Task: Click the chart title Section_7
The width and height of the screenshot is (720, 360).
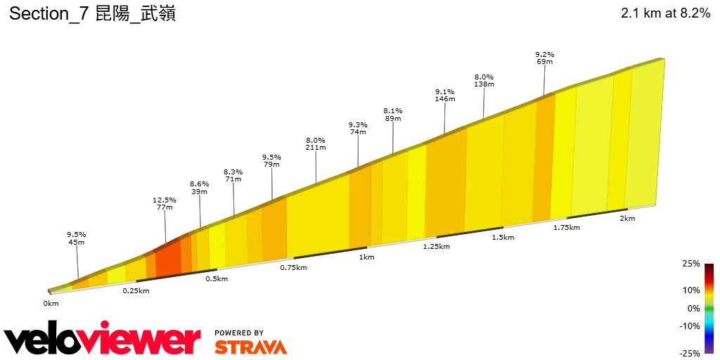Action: (91, 13)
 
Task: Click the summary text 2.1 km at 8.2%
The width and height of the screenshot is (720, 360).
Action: (665, 13)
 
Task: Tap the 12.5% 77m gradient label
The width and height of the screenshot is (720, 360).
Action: (165, 204)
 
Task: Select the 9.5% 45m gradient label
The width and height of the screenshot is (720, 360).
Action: (76, 238)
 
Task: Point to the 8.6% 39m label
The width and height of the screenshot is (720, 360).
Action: (200, 188)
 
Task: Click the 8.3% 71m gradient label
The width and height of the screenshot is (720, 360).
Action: (233, 176)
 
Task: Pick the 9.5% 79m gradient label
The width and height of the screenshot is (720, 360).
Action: (271, 161)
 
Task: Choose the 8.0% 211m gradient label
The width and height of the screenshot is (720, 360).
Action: (316, 144)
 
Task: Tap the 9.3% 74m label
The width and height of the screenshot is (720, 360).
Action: (358, 129)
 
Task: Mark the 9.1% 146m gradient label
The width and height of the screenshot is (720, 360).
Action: (444, 96)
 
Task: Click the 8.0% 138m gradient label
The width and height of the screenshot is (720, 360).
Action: (484, 81)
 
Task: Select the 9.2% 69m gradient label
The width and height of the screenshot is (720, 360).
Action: (544, 58)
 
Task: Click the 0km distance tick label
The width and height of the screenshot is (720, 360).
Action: (51, 304)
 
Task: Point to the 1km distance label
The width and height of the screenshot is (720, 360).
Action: (366, 257)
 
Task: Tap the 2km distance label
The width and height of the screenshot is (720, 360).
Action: (627, 219)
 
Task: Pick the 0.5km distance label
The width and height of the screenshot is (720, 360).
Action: (217, 279)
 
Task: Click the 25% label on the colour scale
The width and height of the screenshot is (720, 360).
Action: (691, 264)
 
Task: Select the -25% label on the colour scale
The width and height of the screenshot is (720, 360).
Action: (690, 353)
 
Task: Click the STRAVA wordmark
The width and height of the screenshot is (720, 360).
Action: (250, 347)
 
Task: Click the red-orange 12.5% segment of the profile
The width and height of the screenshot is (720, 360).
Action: (168, 259)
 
